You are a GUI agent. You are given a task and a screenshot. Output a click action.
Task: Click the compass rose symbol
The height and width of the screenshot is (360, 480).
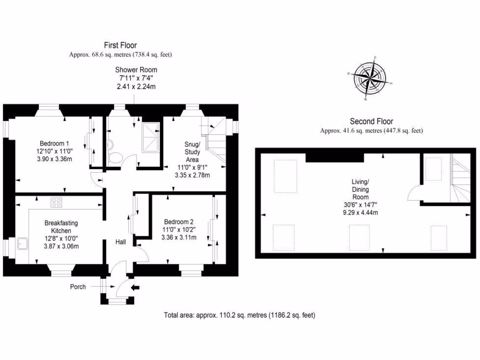pyautogui.click(x=370, y=78)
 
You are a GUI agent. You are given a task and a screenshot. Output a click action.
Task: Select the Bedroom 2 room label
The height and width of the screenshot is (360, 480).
pyautogui.click(x=179, y=222)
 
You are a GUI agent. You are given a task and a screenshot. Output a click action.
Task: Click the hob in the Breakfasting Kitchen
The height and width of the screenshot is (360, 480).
pyautogui.click(x=57, y=203)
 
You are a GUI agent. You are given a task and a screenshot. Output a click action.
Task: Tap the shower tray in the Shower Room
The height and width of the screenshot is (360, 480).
pyautogui.click(x=150, y=136)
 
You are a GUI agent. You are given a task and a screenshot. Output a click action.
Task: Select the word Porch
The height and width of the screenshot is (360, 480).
pyautogui.click(x=78, y=287)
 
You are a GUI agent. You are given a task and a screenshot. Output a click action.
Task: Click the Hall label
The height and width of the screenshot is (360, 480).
pyautogui.click(x=121, y=242)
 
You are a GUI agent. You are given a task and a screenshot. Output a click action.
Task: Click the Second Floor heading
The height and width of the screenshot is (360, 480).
pyautogui.click(x=371, y=121)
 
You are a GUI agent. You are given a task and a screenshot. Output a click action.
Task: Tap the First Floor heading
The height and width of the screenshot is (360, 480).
pyautogui.click(x=120, y=45)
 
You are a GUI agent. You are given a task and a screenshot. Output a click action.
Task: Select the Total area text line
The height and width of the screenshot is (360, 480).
pyautogui.click(x=240, y=315)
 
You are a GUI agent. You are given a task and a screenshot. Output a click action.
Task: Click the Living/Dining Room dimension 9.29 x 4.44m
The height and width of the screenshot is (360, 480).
pyautogui.click(x=360, y=213)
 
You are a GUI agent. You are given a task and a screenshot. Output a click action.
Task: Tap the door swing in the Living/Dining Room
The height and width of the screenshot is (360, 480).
pyautogui.click(x=413, y=193)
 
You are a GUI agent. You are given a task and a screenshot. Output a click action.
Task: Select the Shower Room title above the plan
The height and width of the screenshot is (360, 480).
pyautogui.click(x=136, y=70)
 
